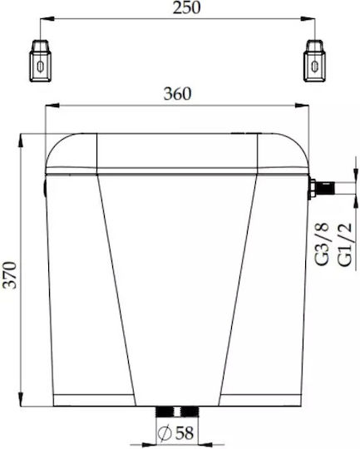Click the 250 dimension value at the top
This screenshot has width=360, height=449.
pyautogui.click(x=186, y=7)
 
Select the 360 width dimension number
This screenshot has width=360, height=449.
pyautogui.click(x=177, y=94)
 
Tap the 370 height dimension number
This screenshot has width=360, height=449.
pyautogui.click(x=11, y=275)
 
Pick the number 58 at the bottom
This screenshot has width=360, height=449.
pyautogui.click(x=184, y=432)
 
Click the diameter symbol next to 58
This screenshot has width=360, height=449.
pyautogui.click(x=165, y=432)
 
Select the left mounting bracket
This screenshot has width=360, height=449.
pyautogui.click(x=41, y=61)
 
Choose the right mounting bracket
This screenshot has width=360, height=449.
pyautogui.click(x=315, y=61)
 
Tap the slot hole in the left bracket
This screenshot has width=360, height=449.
pyautogui.click(x=41, y=67)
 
